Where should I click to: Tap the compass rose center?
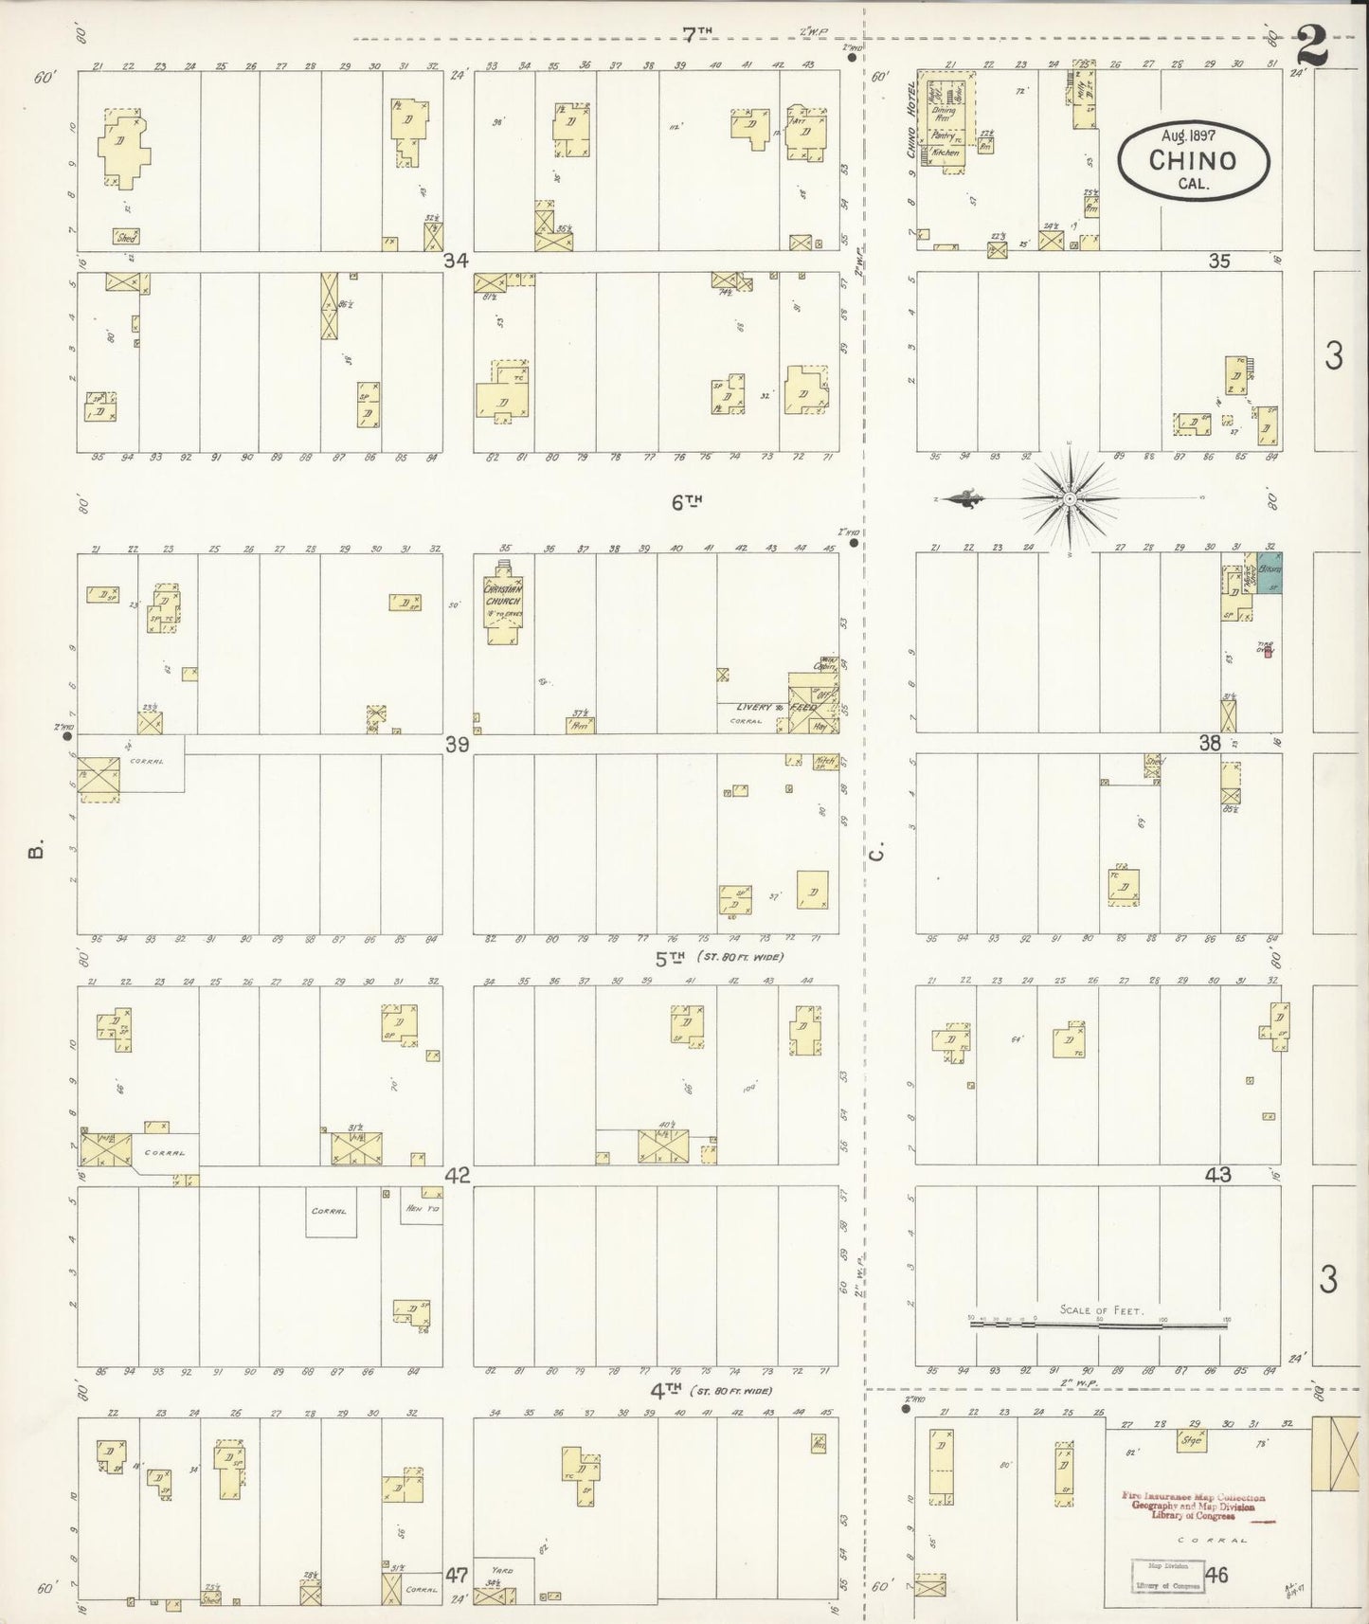pyautogui.click(x=1069, y=498)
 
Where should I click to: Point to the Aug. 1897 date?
pyautogui.click(x=1193, y=135)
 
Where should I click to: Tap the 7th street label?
pyautogui.click(x=696, y=34)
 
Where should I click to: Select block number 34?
pyautogui.click(x=458, y=261)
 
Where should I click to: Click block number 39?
pyautogui.click(x=458, y=745)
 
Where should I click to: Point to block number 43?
pyautogui.click(x=1217, y=1175)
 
